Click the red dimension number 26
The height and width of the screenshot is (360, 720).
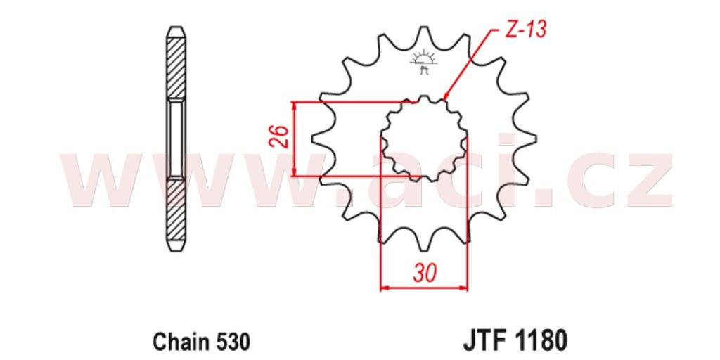coord(281,136)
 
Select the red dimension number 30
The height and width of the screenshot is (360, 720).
coord(425,274)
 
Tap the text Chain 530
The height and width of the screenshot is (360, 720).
coord(202,342)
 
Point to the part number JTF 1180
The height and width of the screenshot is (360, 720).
coord(515,342)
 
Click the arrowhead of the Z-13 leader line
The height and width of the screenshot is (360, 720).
coord(445,96)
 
